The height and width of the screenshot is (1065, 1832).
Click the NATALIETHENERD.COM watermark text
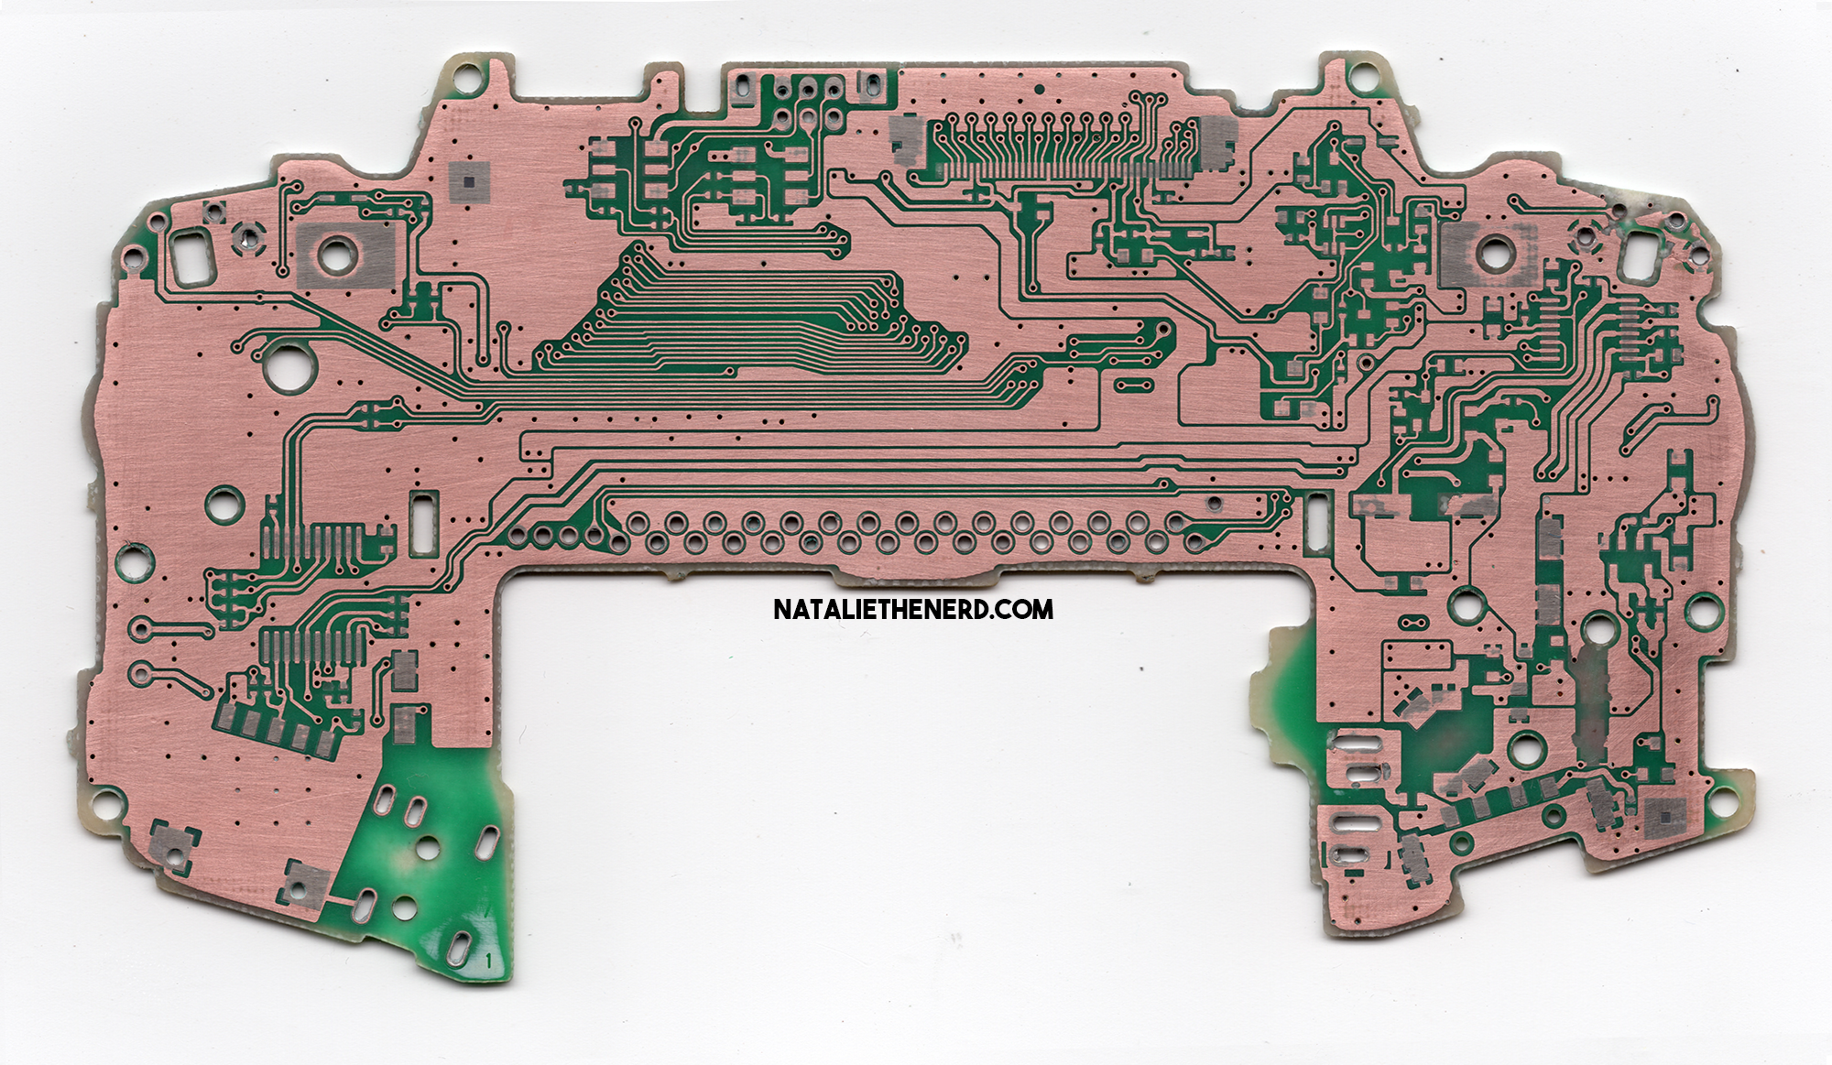[x=913, y=609]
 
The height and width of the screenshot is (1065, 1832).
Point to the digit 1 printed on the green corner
[x=491, y=961]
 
